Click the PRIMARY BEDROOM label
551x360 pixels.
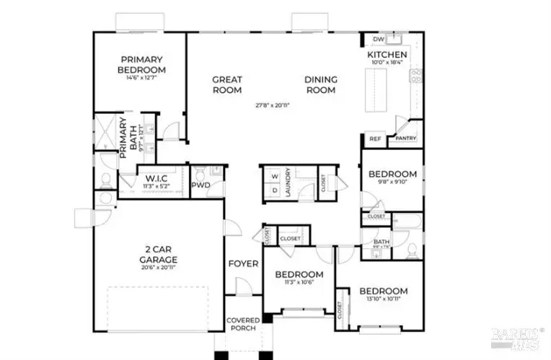[142, 64]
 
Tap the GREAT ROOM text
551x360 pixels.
[226, 84]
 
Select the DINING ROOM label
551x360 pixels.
[320, 84]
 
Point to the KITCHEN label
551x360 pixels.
[387, 55]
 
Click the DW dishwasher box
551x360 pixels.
[378, 39]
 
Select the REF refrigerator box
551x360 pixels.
[374, 139]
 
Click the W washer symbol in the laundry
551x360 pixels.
[275, 176]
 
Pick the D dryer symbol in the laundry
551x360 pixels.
[275, 190]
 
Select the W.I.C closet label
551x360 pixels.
[157, 178]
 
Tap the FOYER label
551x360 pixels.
[243, 263]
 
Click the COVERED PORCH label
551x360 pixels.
[243, 325]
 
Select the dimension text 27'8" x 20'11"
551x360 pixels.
[275, 105]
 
